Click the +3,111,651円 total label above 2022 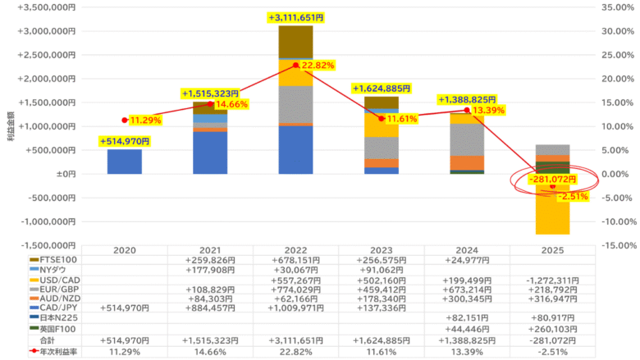[x=295, y=17]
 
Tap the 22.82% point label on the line [x=323, y=66]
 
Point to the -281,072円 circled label [x=552, y=179]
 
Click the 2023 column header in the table [x=381, y=249]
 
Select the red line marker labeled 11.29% [x=124, y=121]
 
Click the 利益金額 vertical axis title [x=10, y=127]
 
